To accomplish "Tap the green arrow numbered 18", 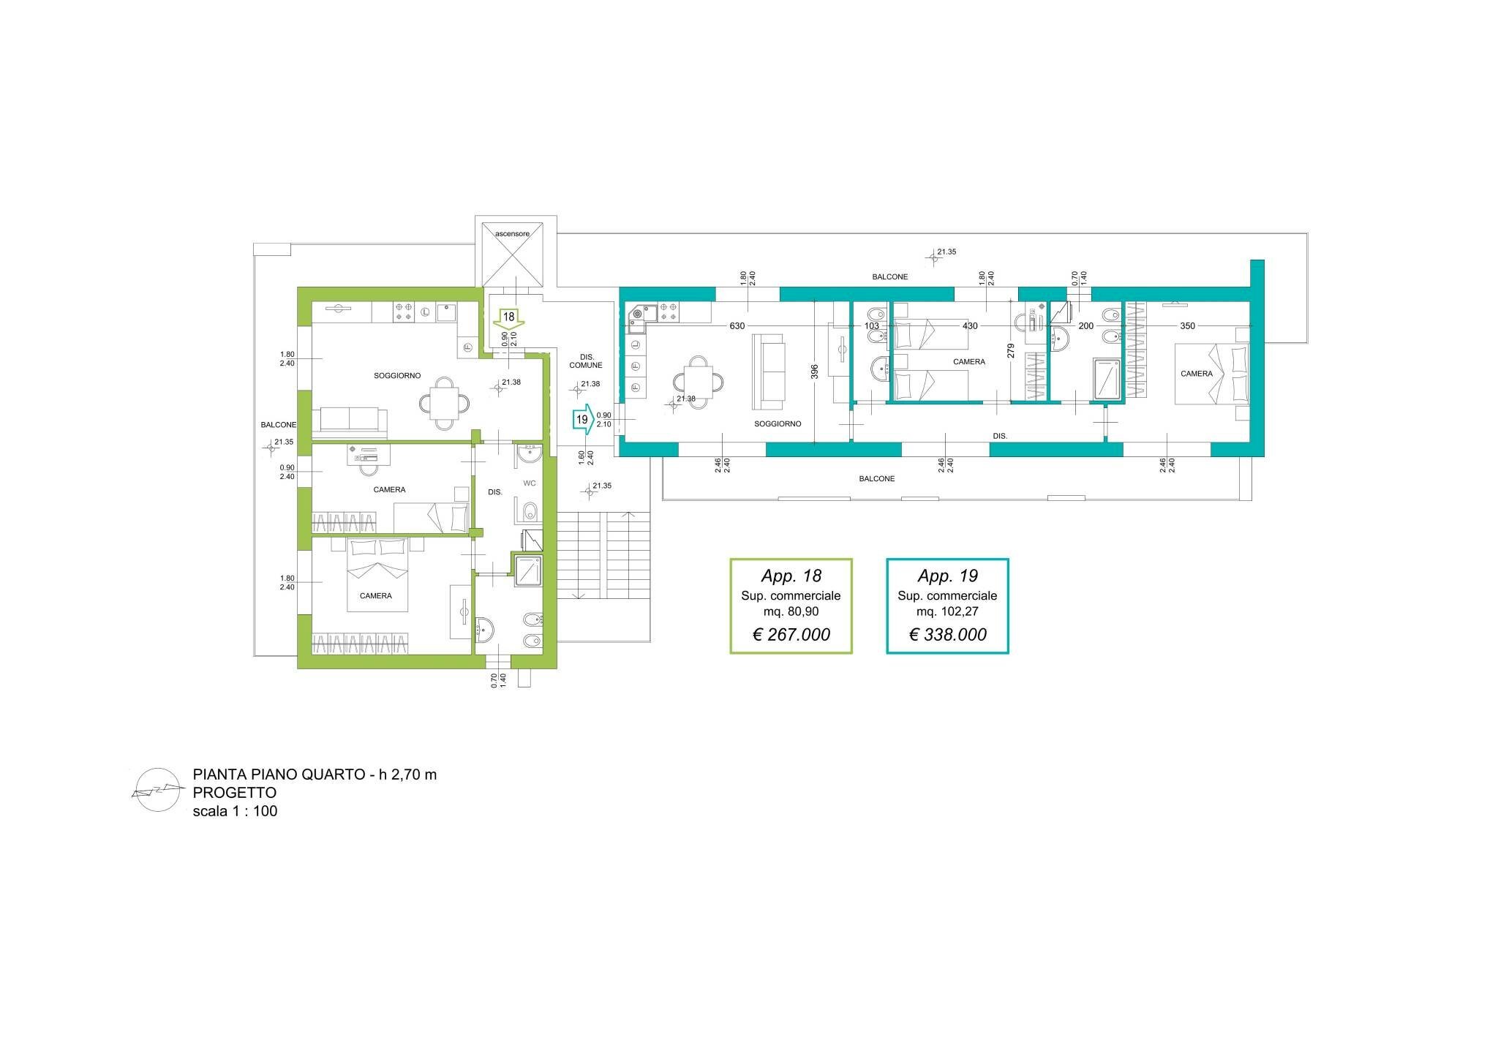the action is tap(509, 319).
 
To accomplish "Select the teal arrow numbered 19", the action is tap(583, 420).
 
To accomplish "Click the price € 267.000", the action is tap(791, 635).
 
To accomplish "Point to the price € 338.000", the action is tap(948, 635).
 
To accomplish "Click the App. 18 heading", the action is tap(791, 576).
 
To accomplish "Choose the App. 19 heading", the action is tap(948, 576).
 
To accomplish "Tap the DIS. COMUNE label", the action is tap(586, 361).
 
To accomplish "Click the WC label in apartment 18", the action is tap(530, 483).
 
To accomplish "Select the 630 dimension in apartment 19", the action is tap(737, 326).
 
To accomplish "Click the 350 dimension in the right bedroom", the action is tap(1188, 326).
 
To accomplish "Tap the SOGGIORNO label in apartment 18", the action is tap(397, 376).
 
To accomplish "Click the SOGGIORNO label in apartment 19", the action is tap(778, 424).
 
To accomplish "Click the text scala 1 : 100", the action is tap(235, 811).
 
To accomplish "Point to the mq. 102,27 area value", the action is tap(948, 611).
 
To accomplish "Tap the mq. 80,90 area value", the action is tap(791, 611).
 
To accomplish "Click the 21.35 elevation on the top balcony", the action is tap(946, 252).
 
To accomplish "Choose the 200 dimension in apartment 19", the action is tap(1086, 326).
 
